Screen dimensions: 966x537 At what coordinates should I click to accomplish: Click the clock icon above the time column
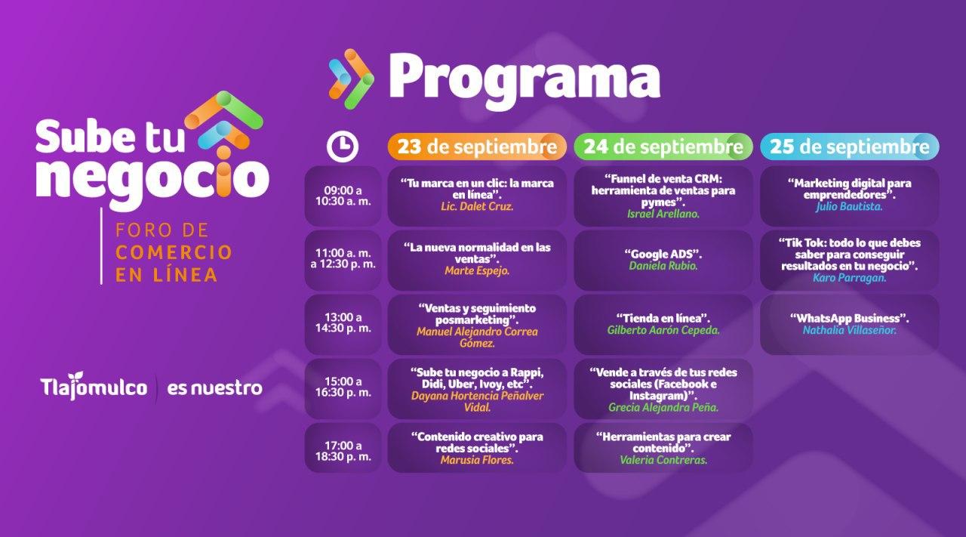343,147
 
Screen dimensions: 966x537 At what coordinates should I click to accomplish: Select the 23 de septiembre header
477,147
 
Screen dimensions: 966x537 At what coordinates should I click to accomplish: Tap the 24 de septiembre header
663,147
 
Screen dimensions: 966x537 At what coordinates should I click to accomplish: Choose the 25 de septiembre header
850,147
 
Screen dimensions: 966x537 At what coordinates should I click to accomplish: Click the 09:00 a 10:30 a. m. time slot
343,196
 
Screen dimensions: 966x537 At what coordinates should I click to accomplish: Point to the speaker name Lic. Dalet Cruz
477,207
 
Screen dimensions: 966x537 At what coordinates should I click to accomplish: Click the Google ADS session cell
663,261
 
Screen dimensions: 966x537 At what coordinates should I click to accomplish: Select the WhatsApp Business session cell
850,325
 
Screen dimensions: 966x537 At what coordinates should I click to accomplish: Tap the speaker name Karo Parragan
850,278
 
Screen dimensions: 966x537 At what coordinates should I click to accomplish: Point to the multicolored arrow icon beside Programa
351,79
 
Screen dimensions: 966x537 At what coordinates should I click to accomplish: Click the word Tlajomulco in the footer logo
94,387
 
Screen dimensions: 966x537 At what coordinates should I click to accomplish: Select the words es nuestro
215,388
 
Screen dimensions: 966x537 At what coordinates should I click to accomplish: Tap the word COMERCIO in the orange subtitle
174,252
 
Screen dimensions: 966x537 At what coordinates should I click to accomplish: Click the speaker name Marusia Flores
477,460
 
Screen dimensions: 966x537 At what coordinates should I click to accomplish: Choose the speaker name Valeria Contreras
663,460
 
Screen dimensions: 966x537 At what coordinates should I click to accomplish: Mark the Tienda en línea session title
663,319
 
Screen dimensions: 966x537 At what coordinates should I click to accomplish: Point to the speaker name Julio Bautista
850,207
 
